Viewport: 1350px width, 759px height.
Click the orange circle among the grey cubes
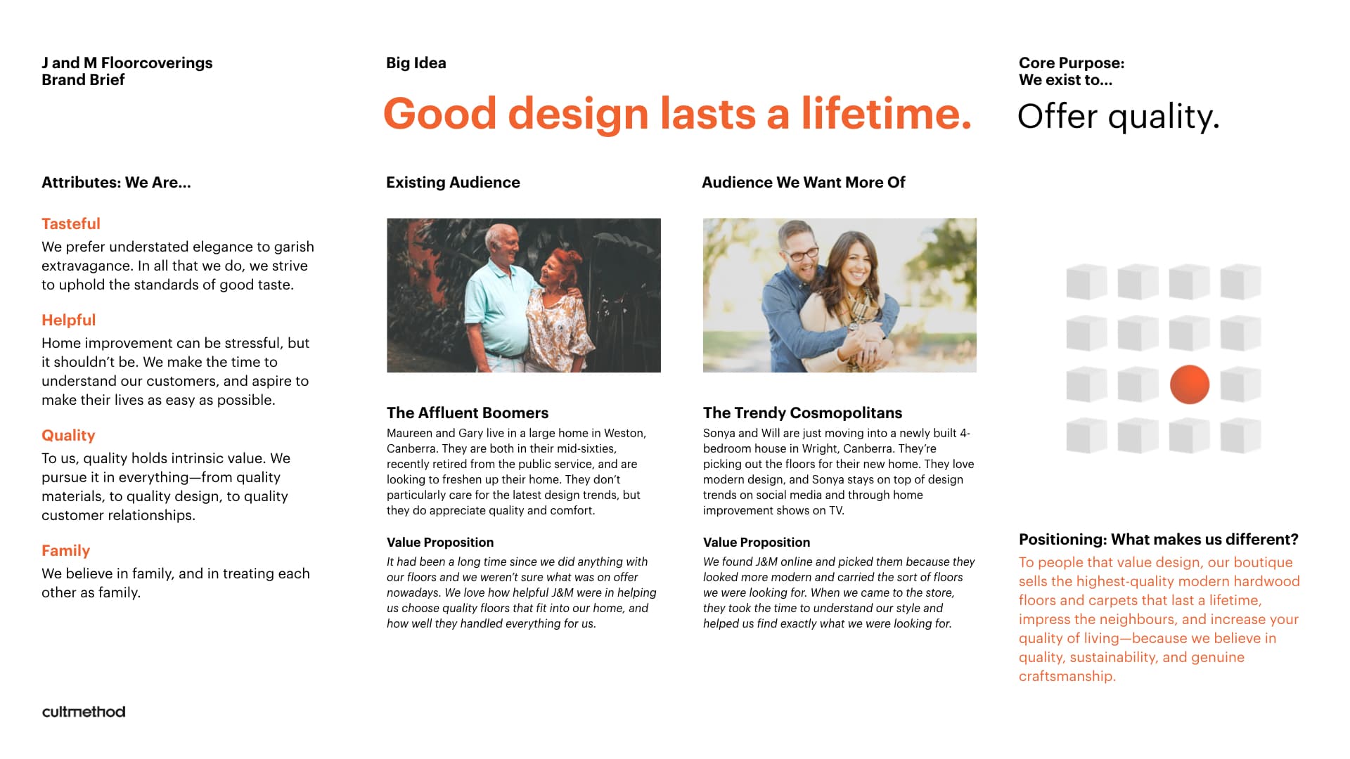(x=1190, y=384)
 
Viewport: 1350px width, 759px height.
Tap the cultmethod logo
(x=84, y=711)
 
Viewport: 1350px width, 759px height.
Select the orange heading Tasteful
(x=71, y=223)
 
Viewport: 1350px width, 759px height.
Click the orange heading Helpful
(x=69, y=320)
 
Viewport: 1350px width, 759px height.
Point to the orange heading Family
(x=66, y=550)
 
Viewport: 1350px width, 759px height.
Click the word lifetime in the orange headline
(x=886, y=113)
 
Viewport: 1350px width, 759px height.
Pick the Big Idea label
(x=416, y=63)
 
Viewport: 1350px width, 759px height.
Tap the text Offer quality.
(x=1118, y=117)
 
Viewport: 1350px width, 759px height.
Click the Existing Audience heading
(x=453, y=182)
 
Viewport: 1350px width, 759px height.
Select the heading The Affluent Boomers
(x=468, y=413)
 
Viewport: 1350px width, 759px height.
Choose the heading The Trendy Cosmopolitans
(x=802, y=413)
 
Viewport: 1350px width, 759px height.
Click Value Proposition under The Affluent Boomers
(x=440, y=542)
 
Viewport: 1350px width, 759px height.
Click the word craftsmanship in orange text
(x=1067, y=676)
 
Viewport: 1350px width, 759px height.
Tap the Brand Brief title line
(x=83, y=79)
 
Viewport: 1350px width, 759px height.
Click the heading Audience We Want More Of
(x=803, y=182)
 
